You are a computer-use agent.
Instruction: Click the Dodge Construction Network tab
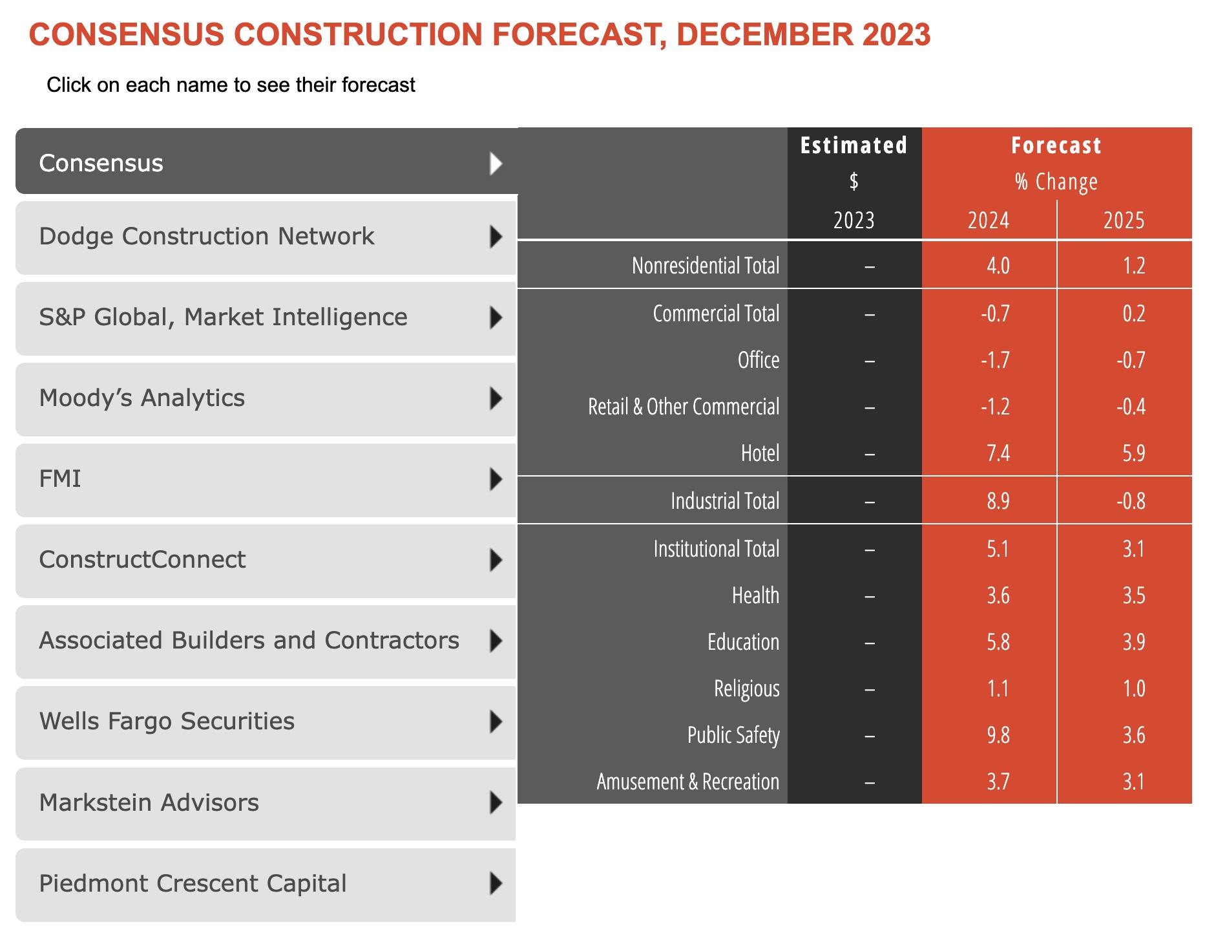(x=207, y=237)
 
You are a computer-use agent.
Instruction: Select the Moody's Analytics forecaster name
(x=142, y=398)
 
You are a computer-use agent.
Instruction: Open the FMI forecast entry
(x=60, y=479)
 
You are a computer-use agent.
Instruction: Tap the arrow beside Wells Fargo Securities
(x=496, y=722)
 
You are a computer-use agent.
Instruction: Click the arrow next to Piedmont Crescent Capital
(x=496, y=883)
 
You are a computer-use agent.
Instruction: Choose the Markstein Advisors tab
(x=149, y=803)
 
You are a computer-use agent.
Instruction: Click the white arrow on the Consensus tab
(x=496, y=164)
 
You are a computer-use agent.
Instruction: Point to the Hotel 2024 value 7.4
(x=998, y=453)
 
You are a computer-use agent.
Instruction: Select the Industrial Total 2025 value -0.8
(x=1131, y=501)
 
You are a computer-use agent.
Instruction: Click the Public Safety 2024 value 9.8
(x=998, y=735)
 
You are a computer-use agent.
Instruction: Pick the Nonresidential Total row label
(x=705, y=266)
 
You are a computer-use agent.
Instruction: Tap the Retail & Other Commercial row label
(x=683, y=407)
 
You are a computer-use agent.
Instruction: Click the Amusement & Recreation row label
(x=687, y=782)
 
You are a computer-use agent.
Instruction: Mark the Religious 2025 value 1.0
(x=1133, y=689)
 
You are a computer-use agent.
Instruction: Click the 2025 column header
(x=1124, y=220)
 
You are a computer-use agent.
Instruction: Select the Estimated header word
(x=854, y=145)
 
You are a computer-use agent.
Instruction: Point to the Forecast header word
(x=1056, y=145)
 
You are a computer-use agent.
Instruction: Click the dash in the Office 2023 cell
(x=870, y=361)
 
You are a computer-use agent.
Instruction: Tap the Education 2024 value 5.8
(x=998, y=642)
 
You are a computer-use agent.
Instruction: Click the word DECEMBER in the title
(x=763, y=34)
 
